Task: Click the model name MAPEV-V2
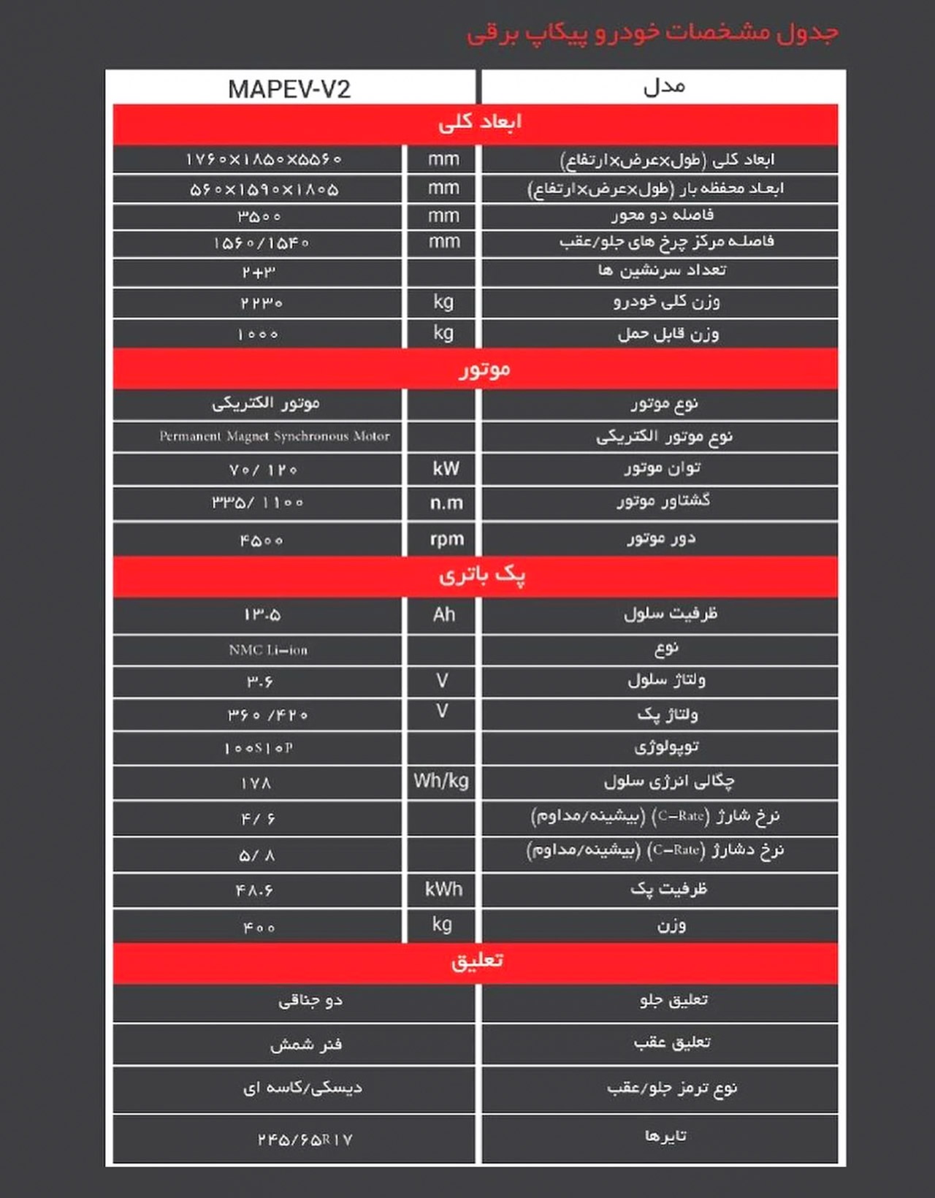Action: click(x=289, y=89)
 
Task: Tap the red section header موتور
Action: click(x=484, y=369)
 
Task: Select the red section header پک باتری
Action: click(x=481, y=576)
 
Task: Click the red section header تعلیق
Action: click(x=476, y=961)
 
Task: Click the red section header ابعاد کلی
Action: click(x=479, y=122)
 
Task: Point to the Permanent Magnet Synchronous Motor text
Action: click(x=275, y=436)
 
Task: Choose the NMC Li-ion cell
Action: click(x=268, y=649)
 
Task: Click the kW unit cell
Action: click(x=445, y=469)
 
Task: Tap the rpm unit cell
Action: click(x=446, y=539)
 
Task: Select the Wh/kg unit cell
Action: click(x=441, y=781)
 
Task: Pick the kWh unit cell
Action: click(x=443, y=889)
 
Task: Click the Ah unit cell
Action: click(x=443, y=614)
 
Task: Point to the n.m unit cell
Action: click(x=446, y=503)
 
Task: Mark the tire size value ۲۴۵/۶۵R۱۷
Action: click(x=305, y=1140)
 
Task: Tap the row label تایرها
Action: click(x=665, y=1137)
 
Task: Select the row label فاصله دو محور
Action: click(x=662, y=215)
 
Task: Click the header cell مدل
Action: click(x=664, y=87)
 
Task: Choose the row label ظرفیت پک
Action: click(x=668, y=889)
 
